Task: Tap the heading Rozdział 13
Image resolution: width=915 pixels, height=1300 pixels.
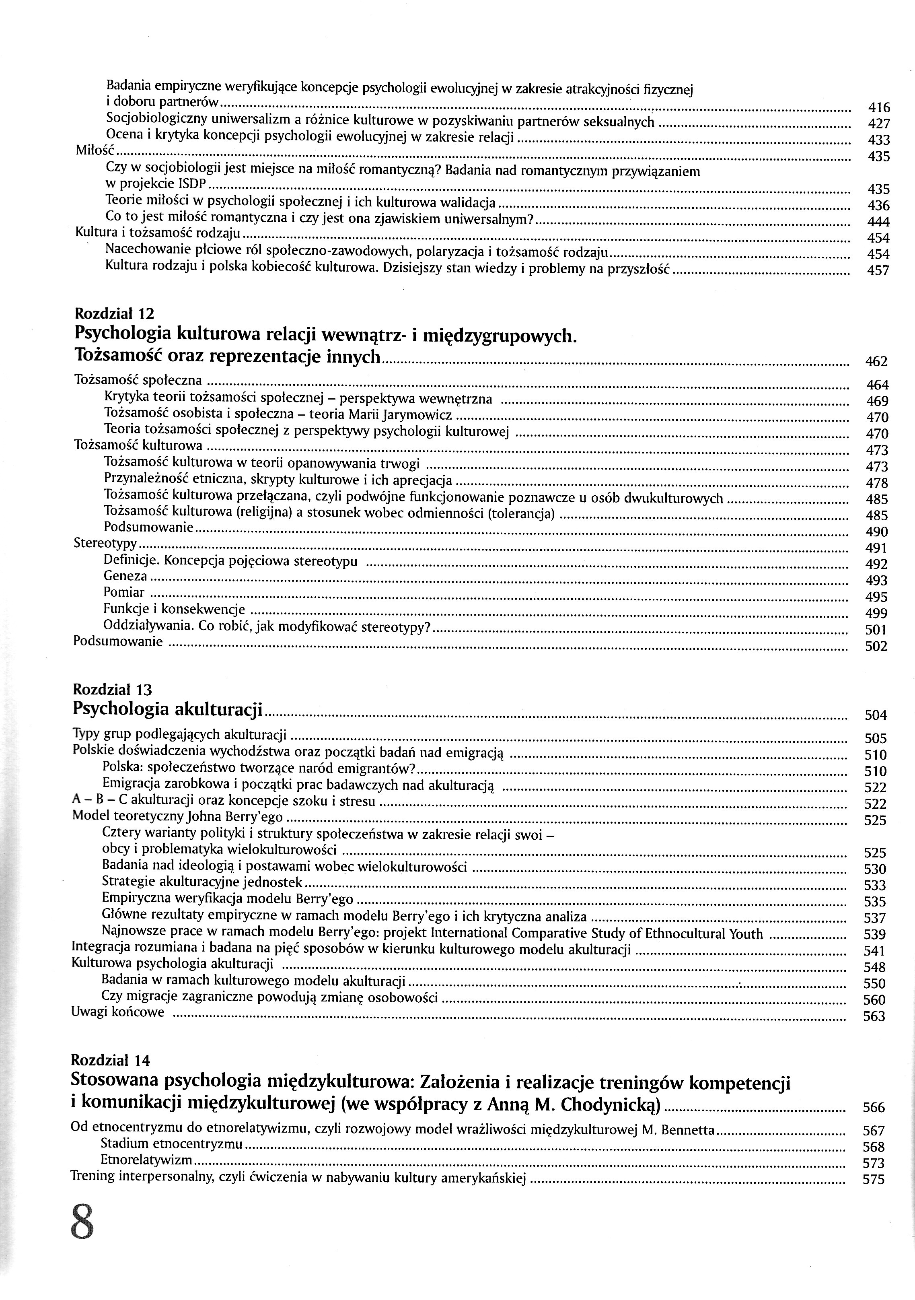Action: (x=113, y=689)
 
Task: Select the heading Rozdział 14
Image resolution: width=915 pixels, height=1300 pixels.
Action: (x=111, y=1059)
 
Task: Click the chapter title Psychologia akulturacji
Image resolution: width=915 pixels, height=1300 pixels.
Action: (x=169, y=709)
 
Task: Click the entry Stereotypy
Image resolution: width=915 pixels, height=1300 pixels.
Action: (x=106, y=544)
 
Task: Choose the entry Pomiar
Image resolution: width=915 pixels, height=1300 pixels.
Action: (x=124, y=592)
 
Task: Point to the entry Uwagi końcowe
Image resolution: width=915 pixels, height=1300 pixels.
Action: (x=118, y=1012)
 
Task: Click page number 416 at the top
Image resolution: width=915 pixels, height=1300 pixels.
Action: (x=879, y=107)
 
